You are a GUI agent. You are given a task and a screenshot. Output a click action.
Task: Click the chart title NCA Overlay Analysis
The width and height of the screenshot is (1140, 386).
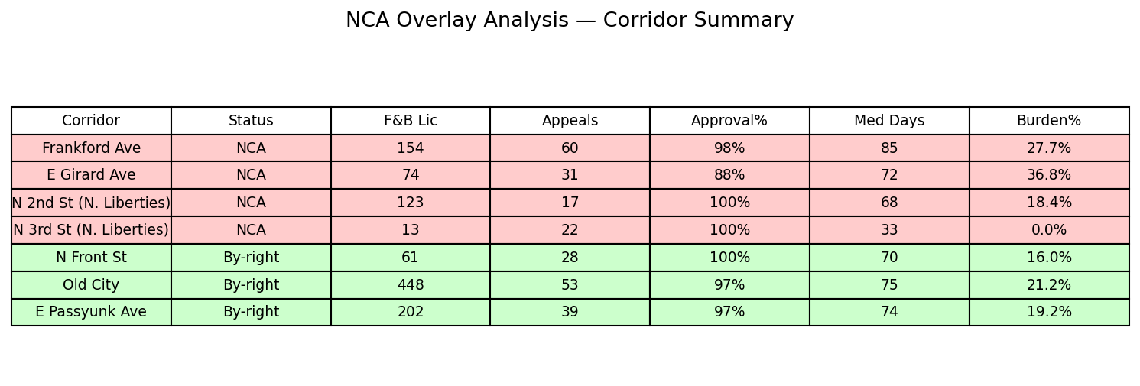570,21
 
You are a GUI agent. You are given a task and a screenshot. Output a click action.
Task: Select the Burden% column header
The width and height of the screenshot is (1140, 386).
1048,121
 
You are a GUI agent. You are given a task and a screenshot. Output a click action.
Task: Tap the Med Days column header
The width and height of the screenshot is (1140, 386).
889,121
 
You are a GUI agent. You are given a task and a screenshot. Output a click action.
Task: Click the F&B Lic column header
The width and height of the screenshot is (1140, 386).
411,121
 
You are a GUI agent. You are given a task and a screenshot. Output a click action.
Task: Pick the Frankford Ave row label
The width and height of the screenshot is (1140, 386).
91,148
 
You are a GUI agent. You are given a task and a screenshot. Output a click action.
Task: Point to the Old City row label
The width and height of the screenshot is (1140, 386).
91,285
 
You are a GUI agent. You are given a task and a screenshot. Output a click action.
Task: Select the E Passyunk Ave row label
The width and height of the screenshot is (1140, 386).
91,312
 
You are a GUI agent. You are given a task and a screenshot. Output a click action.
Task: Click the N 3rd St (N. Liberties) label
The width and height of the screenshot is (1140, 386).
91,230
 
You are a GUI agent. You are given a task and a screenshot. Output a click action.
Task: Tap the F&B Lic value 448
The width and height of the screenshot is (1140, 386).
411,285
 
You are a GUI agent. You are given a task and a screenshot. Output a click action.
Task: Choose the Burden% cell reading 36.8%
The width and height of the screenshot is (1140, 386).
1048,175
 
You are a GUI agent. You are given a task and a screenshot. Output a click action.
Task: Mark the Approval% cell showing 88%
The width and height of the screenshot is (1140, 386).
729,175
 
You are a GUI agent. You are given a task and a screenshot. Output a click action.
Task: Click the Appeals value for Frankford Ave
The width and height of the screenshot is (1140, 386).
570,148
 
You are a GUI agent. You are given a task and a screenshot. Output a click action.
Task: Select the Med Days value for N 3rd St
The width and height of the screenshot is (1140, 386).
889,230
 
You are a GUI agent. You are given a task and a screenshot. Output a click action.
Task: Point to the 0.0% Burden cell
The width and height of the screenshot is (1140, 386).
1048,230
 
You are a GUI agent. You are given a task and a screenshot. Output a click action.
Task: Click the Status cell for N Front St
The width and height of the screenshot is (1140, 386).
251,258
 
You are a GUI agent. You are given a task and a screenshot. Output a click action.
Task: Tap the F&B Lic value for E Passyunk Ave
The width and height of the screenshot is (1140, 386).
411,312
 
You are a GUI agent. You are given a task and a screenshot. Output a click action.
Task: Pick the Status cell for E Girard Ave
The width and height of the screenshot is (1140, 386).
251,175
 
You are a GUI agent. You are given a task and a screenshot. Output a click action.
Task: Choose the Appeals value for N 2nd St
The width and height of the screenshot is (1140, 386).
570,203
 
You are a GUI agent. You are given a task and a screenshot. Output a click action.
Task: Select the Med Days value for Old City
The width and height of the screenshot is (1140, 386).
889,285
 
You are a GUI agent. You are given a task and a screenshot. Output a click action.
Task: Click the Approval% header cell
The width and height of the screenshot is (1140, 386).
729,121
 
